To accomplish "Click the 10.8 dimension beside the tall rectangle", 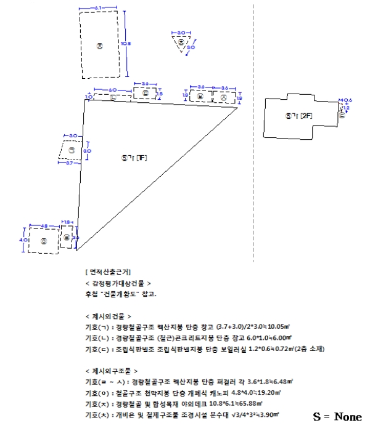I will pyautogui.click(x=126, y=43).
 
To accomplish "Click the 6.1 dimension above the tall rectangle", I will pyautogui.click(x=99, y=7).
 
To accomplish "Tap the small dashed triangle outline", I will pyautogui.click(x=182, y=44).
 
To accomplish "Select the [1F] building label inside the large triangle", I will pyautogui.click(x=134, y=158).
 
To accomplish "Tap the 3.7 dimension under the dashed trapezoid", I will pyautogui.click(x=70, y=163).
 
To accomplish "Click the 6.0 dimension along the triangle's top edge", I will pyautogui.click(x=112, y=91).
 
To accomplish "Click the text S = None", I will pyautogui.click(x=337, y=417).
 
